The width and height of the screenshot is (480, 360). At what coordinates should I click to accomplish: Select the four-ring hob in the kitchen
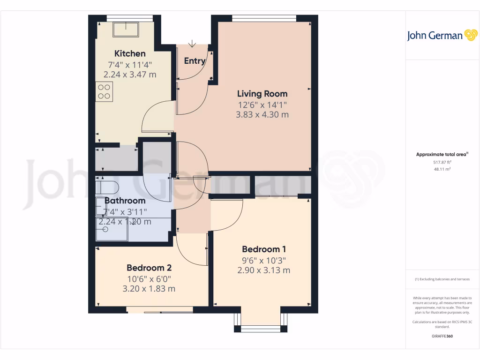point(104,91)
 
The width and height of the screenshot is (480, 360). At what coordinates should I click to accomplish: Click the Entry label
point(195,61)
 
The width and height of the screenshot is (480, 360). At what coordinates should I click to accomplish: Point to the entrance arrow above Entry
point(192,44)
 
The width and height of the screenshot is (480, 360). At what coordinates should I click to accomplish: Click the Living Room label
point(262,93)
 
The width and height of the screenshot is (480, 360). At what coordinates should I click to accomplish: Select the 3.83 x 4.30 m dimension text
point(262,114)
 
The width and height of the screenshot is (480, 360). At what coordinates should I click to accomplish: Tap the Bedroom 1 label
point(264,249)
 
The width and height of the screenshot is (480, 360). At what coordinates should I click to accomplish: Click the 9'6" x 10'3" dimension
point(264,260)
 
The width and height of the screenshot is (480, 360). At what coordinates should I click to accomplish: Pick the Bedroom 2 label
point(149,268)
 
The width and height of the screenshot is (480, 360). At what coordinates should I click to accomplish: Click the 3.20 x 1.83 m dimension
point(149,289)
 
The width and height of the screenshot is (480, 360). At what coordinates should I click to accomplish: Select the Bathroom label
point(125,201)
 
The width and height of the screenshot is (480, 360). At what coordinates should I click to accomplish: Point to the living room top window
point(264,18)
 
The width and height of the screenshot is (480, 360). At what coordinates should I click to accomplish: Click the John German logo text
point(435,36)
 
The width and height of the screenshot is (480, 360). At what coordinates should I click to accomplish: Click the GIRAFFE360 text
point(442,336)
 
